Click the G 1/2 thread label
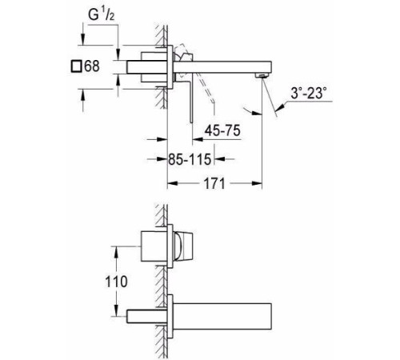102,15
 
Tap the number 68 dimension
92,66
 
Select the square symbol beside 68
76,66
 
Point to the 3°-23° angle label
309,94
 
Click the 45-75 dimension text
222,130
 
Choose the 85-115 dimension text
190,159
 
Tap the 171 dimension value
214,183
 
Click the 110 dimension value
117,282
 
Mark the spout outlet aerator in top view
261,75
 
